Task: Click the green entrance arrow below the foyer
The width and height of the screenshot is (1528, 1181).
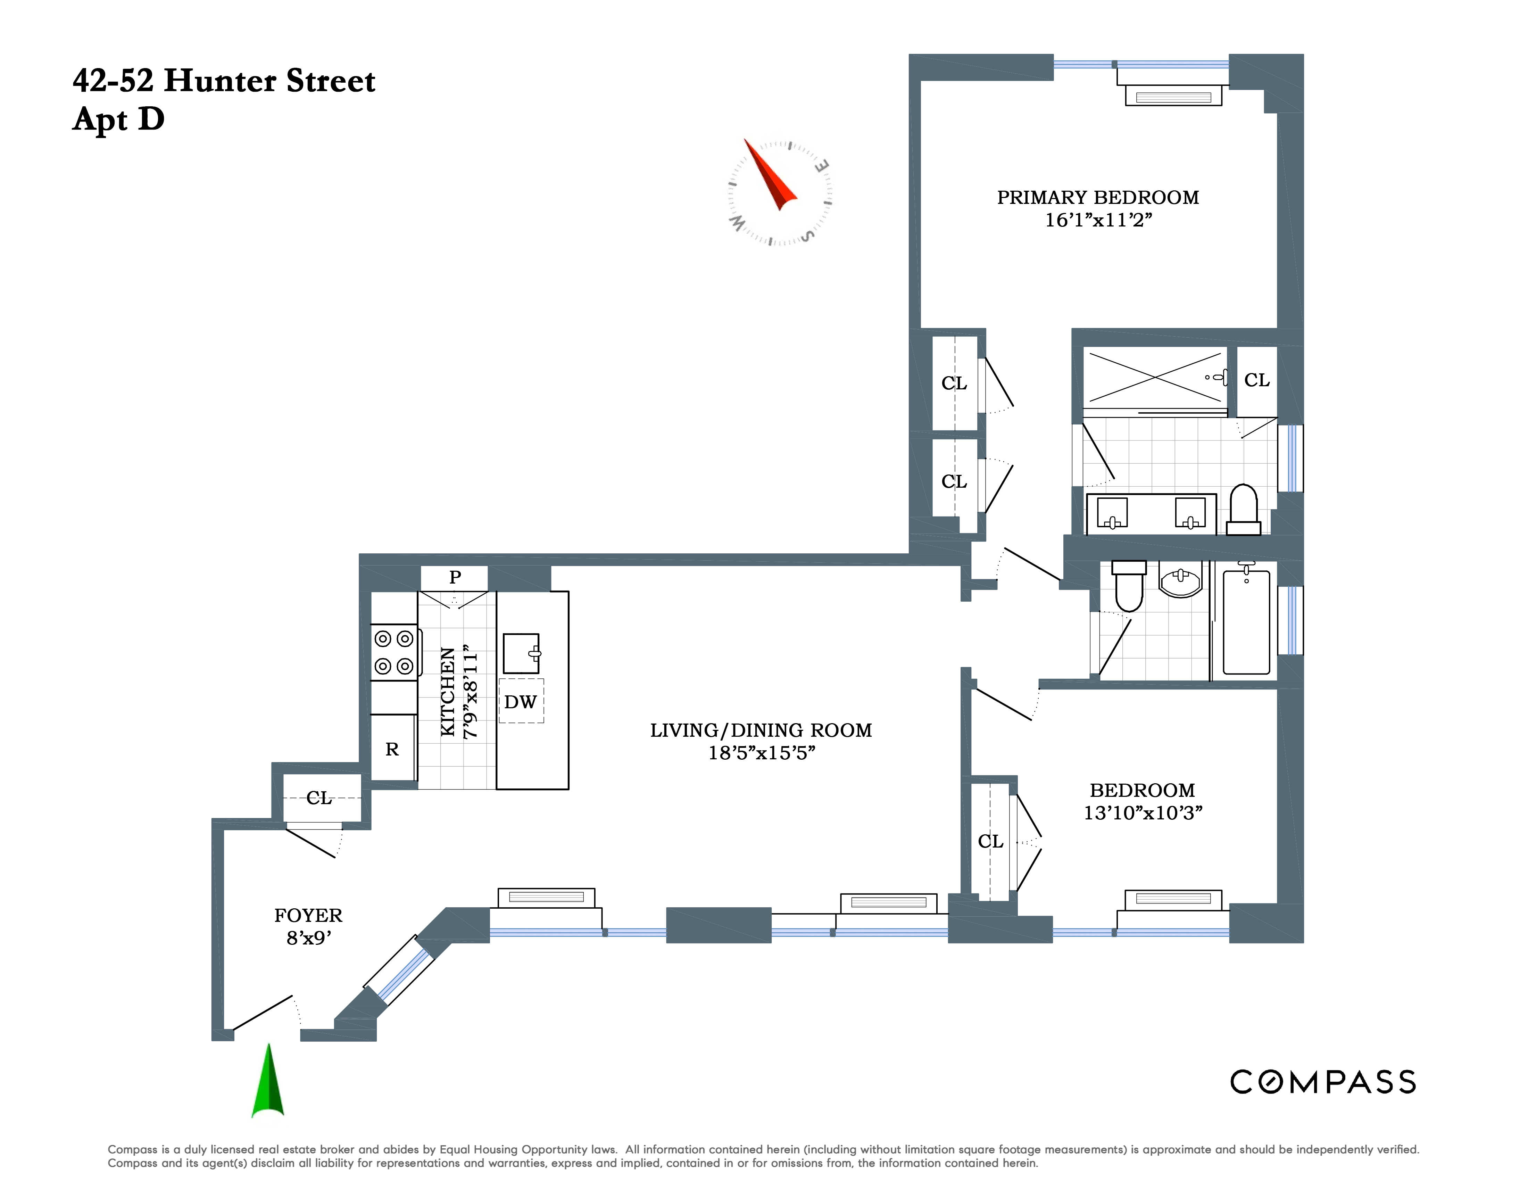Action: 268,1081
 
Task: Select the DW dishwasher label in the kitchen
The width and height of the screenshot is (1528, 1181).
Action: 521,702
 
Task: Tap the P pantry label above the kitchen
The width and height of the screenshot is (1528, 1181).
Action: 455,577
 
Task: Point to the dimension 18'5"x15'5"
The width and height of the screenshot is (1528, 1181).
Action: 762,753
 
